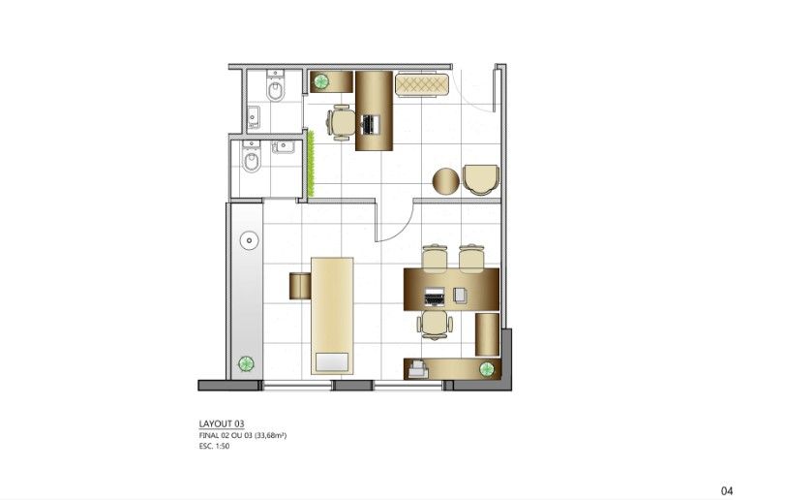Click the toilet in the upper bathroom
(x=275, y=86)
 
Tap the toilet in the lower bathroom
(x=252, y=156)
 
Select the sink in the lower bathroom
(x=283, y=146)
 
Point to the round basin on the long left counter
(x=249, y=240)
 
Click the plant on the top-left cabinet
(x=320, y=80)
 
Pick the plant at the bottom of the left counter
(x=245, y=363)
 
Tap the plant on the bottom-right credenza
(x=487, y=370)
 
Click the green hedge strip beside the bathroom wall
(x=311, y=163)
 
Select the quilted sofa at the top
(x=421, y=84)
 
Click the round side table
(x=445, y=181)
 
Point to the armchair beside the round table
(x=481, y=179)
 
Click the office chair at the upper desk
(x=341, y=123)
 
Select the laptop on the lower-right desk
(x=434, y=297)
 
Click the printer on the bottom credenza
(x=418, y=370)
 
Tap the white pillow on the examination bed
(x=332, y=362)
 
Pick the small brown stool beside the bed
(x=300, y=286)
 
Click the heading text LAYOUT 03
(x=222, y=423)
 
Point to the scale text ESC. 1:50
(x=214, y=446)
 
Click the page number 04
(x=727, y=490)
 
